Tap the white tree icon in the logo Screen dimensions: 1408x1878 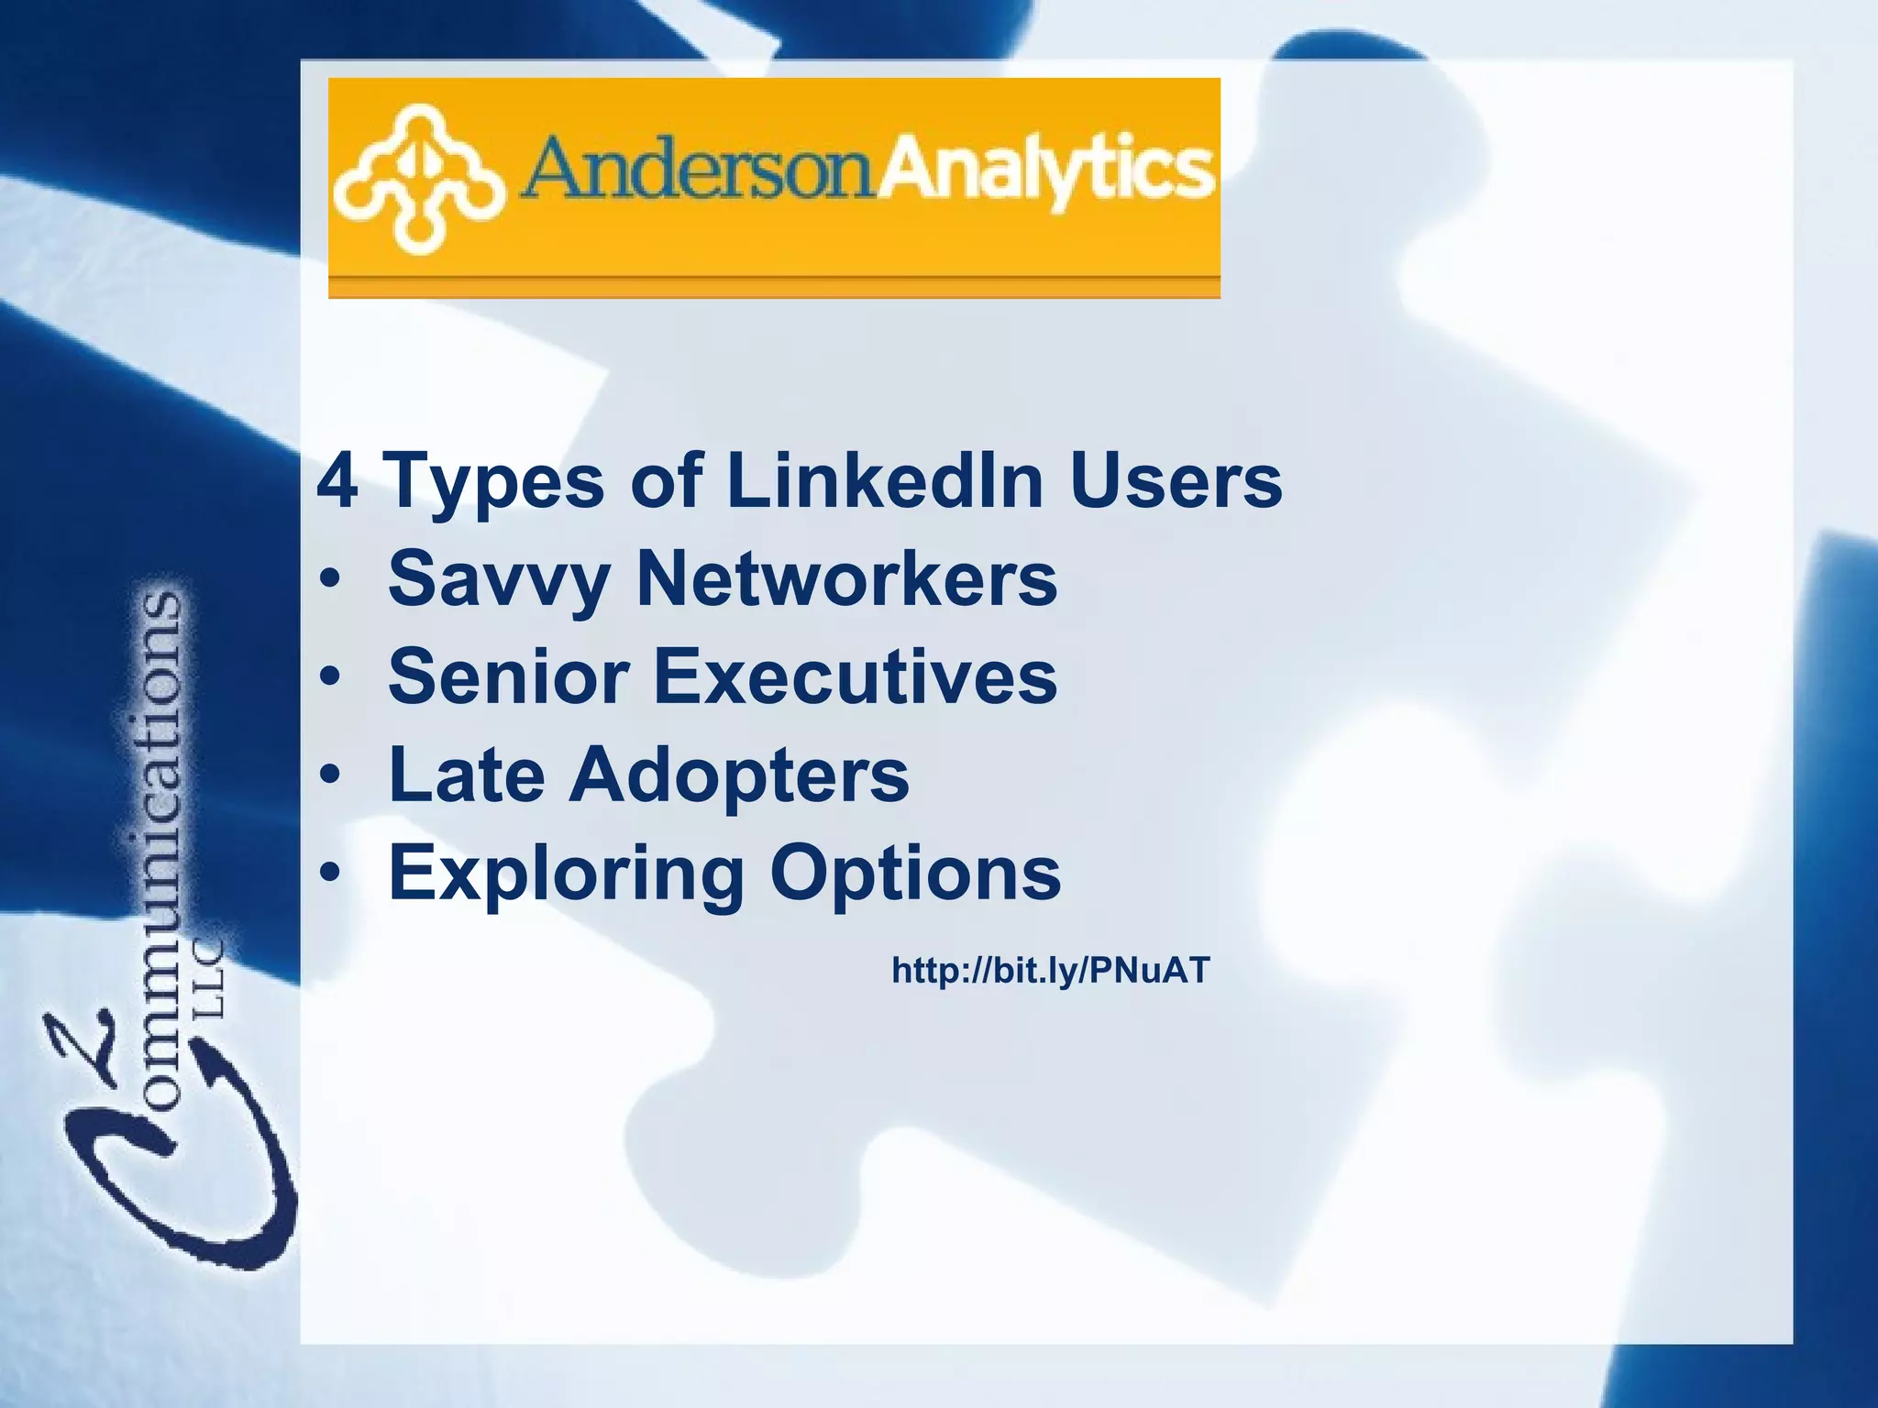pos(417,178)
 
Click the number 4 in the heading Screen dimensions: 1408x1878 pos(337,480)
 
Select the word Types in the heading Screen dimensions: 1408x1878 pos(496,482)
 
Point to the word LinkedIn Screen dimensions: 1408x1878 pos(885,480)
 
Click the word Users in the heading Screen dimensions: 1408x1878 pos(1176,480)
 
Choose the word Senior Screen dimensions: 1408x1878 pos(508,676)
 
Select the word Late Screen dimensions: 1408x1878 pos(467,775)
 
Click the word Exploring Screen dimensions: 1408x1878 pos(566,874)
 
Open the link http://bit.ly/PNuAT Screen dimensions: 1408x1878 pos(1051,970)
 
